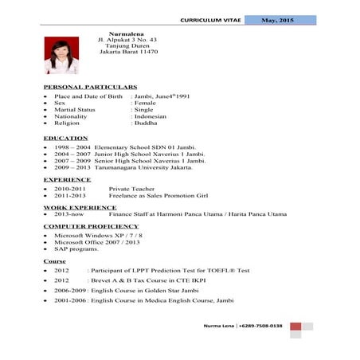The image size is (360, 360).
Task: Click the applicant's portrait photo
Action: (61, 54)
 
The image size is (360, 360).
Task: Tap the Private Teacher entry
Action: (131, 189)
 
